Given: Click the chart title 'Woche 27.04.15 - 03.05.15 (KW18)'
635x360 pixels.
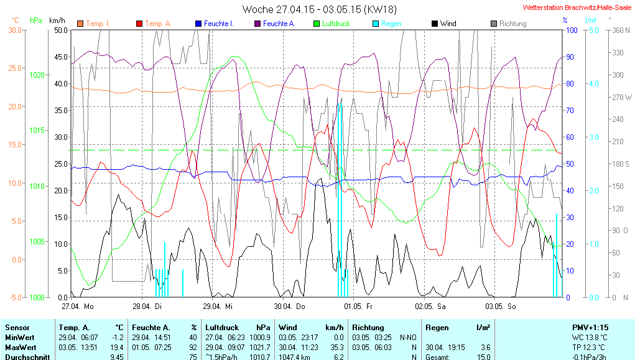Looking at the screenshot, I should click(320, 9).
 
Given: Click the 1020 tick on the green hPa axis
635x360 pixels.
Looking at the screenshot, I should click(37, 75).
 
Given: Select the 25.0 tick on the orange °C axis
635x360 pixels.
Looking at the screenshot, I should click(14, 68).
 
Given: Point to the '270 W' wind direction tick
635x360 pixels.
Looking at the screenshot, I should click(623, 97).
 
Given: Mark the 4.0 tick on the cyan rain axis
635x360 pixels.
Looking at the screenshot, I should click(593, 83).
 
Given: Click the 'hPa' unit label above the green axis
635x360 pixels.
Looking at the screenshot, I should click(36, 20).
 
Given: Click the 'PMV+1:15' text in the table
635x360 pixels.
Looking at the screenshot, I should click(590, 327).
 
